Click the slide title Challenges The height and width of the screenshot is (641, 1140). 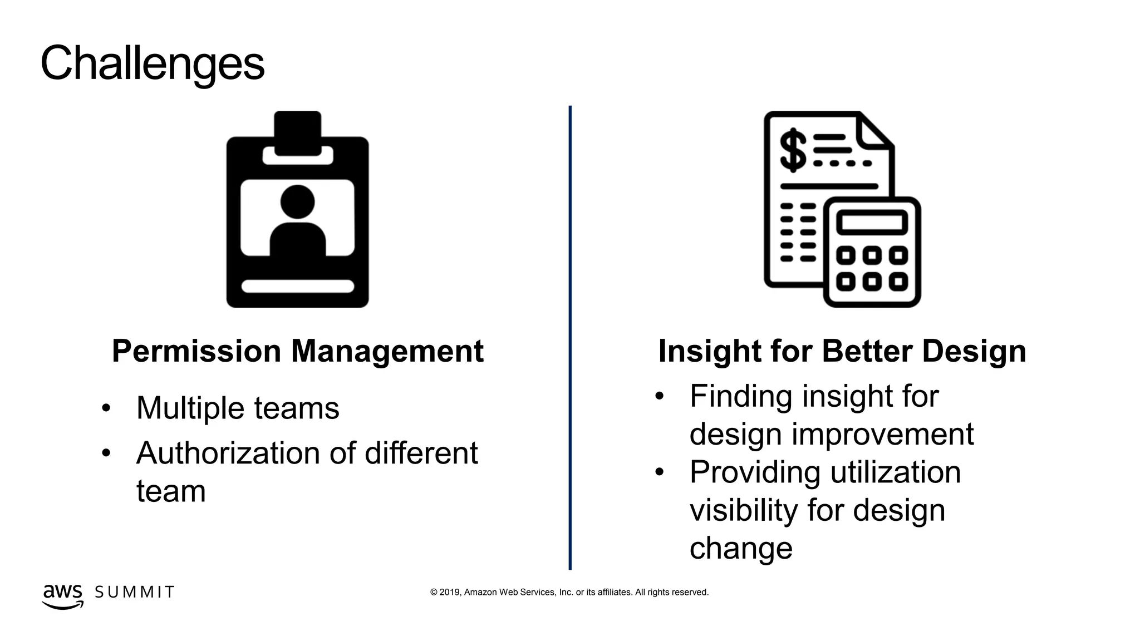(152, 63)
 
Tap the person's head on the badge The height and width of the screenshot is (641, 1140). (297, 201)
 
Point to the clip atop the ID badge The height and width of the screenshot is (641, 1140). (297, 134)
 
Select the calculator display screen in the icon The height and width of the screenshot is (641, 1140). (872, 224)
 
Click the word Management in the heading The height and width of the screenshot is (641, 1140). (387, 352)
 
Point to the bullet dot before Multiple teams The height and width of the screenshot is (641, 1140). (106, 408)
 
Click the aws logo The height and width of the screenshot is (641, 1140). (62, 595)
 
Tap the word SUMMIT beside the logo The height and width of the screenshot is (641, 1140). (135, 592)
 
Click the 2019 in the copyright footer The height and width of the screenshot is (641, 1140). (449, 593)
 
